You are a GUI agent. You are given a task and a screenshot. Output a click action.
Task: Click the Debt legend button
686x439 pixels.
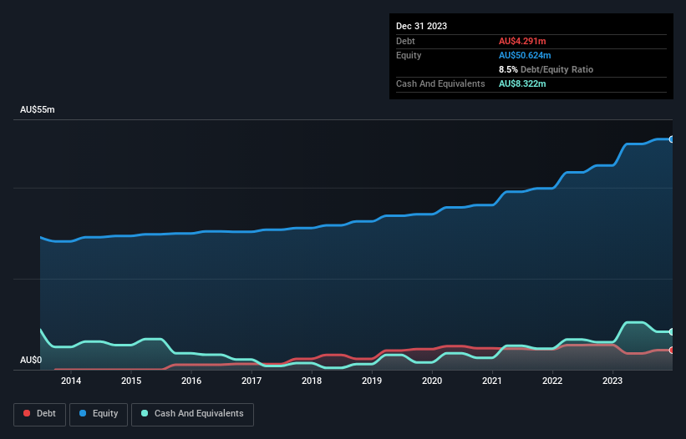[40, 414]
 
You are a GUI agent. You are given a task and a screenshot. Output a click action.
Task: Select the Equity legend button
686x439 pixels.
[99, 414]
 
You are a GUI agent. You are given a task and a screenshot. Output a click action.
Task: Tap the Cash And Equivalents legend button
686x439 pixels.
[192, 414]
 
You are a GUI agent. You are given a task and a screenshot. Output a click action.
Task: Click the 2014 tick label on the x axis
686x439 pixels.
[71, 381]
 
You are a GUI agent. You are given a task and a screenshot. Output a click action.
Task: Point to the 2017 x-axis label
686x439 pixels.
[252, 381]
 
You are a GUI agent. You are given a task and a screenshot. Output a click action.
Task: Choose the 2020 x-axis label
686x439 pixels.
[432, 381]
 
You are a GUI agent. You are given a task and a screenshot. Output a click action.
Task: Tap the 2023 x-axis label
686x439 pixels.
[612, 381]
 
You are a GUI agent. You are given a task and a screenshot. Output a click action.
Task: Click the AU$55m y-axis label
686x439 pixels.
[37, 110]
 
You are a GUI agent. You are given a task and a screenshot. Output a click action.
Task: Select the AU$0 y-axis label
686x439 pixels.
[31, 360]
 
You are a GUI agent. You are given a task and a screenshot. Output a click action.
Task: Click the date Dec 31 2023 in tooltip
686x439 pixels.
[421, 26]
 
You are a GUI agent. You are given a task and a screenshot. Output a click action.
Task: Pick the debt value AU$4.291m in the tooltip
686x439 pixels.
[522, 41]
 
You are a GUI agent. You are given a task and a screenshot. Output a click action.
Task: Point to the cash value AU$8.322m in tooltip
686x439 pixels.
[522, 84]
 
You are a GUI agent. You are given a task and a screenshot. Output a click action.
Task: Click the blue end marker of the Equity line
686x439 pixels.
[671, 139]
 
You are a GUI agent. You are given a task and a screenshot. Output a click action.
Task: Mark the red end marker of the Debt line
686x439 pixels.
[671, 351]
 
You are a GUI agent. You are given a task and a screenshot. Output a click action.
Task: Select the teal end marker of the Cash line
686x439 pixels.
[671, 332]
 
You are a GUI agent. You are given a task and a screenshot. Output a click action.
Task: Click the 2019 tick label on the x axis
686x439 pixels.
[372, 381]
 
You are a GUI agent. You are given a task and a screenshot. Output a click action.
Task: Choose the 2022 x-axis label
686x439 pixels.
[552, 381]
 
